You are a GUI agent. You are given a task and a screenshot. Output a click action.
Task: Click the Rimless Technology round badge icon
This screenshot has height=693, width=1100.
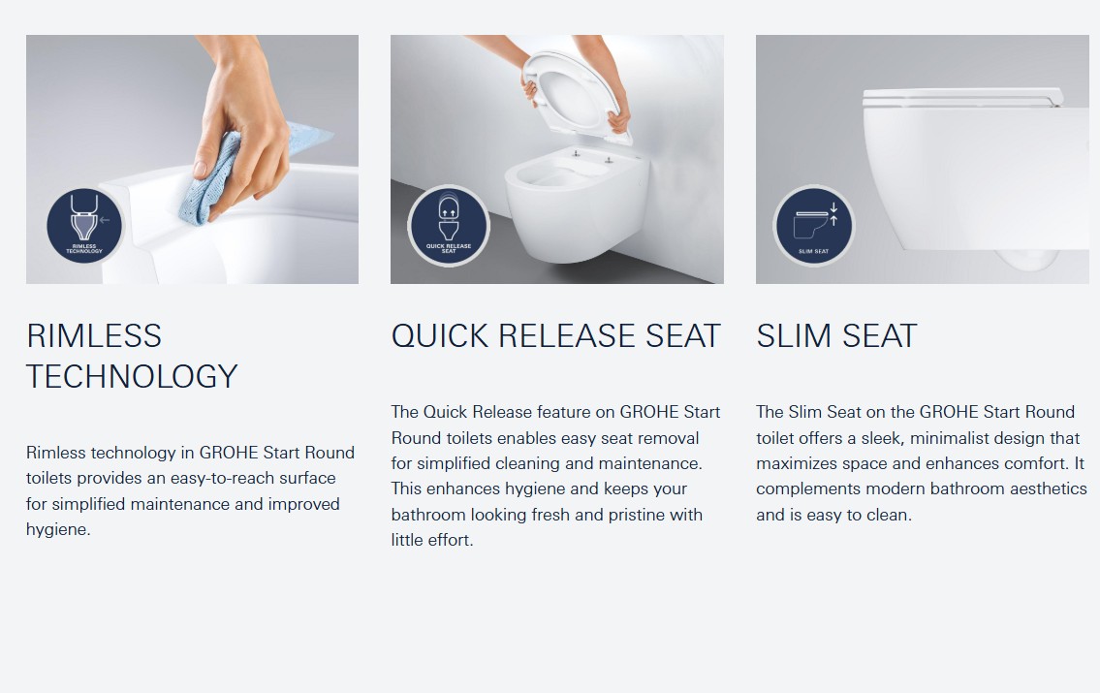[x=84, y=226]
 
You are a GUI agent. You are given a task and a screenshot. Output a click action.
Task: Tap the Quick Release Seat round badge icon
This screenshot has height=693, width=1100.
[x=449, y=225]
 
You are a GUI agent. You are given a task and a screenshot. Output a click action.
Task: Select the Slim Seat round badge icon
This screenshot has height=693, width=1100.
[x=813, y=225]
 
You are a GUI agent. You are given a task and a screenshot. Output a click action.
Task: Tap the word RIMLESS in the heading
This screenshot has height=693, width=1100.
[x=94, y=336]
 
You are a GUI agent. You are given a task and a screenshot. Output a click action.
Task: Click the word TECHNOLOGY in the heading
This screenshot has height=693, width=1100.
[x=132, y=377]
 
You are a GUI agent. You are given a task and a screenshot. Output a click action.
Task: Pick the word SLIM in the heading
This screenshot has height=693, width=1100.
[x=794, y=336]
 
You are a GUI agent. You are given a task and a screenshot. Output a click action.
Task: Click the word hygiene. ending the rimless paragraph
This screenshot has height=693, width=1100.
[x=59, y=530]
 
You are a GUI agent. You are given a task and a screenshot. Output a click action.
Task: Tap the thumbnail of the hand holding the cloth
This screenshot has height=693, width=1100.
[x=192, y=159]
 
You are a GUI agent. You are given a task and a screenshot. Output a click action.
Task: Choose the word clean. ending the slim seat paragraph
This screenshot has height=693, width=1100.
[x=889, y=515]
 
